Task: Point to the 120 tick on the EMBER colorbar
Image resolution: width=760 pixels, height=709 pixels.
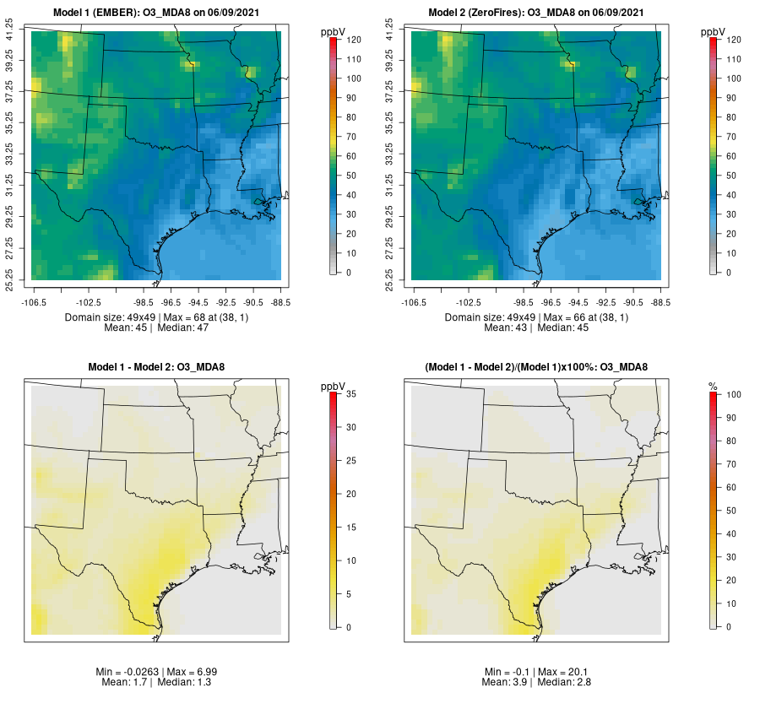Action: pyautogui.click(x=354, y=40)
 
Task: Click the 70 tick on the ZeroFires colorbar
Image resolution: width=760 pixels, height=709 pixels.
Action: pyautogui.click(x=731, y=137)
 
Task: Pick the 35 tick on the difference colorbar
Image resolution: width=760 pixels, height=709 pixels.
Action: pyautogui.click(x=354, y=394)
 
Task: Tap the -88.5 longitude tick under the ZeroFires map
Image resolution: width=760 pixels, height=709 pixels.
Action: pyautogui.click(x=660, y=301)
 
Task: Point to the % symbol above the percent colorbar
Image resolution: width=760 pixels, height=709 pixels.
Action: pyautogui.click(x=713, y=386)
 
